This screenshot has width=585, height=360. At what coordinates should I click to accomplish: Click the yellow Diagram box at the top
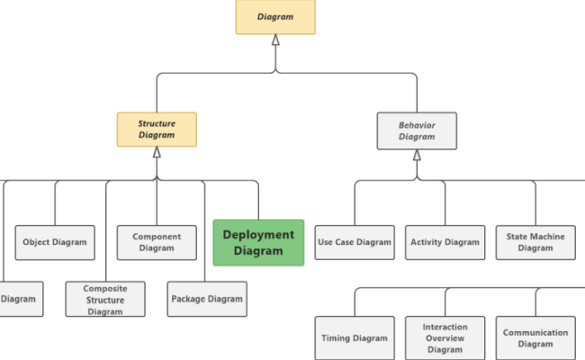tap(275, 17)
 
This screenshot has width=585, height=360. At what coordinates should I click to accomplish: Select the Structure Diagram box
tap(157, 130)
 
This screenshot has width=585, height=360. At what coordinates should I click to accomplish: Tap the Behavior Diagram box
tap(417, 130)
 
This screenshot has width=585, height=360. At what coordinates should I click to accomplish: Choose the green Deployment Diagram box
tap(258, 243)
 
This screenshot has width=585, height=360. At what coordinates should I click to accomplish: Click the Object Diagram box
tap(56, 242)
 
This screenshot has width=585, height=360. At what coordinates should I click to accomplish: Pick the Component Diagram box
tap(157, 242)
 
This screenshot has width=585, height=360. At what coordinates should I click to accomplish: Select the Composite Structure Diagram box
tap(105, 300)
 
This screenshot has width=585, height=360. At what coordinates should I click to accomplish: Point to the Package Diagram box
tap(206, 299)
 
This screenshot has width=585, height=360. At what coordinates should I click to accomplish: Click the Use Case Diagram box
tap(355, 242)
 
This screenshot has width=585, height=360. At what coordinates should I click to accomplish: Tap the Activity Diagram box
tap(445, 242)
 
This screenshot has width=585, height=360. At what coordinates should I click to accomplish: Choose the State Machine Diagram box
tap(535, 242)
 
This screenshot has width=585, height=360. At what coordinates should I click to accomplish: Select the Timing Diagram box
tap(355, 338)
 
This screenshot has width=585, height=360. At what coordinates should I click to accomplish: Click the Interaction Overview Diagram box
tap(445, 338)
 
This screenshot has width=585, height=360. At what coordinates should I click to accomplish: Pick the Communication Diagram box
tap(535, 338)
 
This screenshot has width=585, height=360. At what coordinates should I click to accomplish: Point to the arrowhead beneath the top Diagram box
tap(275, 40)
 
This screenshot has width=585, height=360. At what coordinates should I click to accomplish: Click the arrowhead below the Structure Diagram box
tap(157, 153)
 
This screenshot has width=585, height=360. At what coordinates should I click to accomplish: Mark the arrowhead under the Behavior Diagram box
tap(417, 154)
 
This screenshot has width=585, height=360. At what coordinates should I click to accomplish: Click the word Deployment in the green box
tap(258, 235)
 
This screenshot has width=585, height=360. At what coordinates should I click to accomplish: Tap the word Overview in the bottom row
tap(445, 338)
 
